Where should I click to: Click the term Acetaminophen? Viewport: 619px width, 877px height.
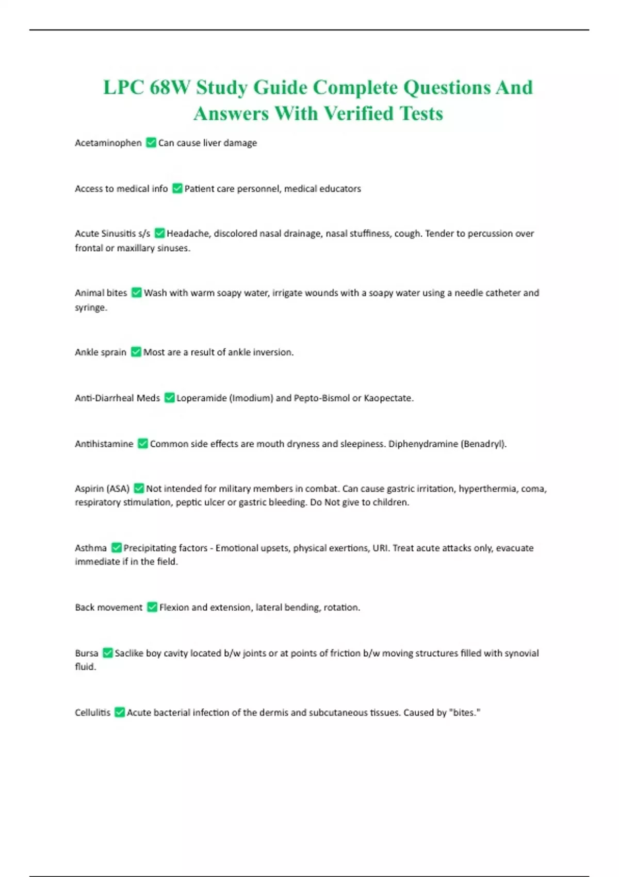108,143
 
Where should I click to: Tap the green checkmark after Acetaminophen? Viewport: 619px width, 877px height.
151,142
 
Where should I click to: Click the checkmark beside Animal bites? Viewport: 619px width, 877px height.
136,293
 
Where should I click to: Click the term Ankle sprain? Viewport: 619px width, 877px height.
101,352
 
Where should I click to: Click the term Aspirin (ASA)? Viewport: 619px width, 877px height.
102,489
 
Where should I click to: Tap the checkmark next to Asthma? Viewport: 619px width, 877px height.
117,548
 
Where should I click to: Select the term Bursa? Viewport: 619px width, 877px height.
87,653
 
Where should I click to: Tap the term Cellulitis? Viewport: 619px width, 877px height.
93,712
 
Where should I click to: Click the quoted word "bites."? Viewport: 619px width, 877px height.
464,712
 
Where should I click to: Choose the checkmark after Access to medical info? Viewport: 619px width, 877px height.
177,188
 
